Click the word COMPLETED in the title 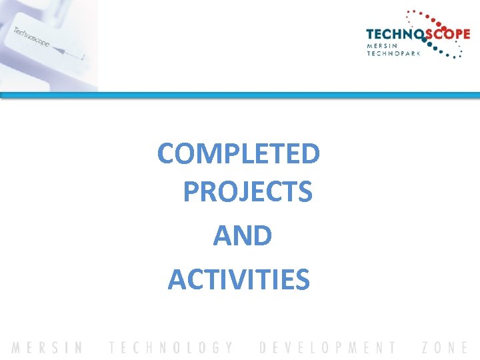(239, 153)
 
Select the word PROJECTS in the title (247, 192)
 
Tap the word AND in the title (242, 236)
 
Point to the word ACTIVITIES (239, 279)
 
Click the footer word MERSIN (47, 347)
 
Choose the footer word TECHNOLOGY (171, 347)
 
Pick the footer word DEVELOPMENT (327, 347)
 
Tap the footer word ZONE (445, 347)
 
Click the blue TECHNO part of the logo (393, 35)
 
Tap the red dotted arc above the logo (433, 15)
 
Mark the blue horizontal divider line (240, 95)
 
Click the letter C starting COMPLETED (167, 153)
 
